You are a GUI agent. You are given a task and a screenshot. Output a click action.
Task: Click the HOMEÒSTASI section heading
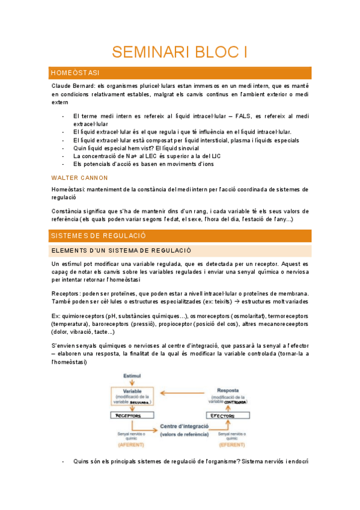(x=75, y=73)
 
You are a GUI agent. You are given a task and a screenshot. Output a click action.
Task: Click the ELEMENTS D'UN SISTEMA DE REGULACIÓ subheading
(x=121, y=250)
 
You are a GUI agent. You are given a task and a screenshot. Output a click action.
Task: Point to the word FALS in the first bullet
(x=245, y=115)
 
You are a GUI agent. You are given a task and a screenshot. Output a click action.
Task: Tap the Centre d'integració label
(x=185, y=426)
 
